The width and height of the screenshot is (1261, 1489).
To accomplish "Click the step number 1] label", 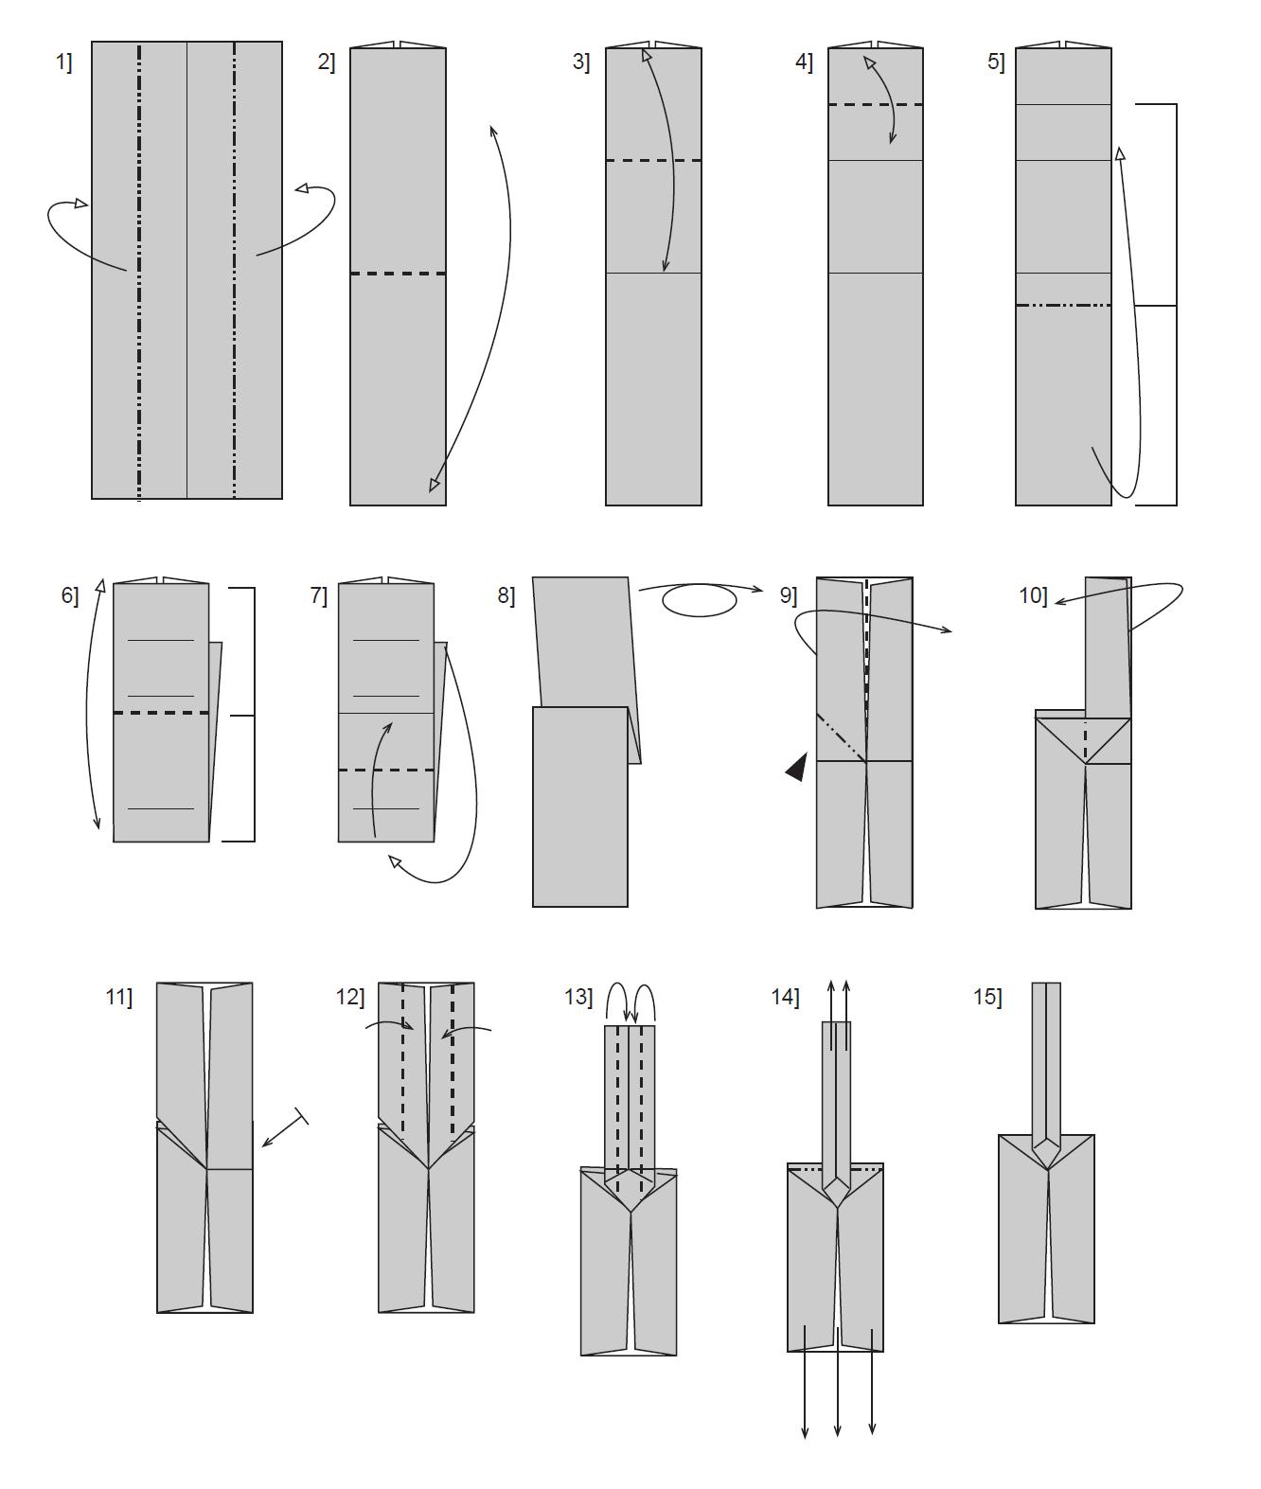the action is [64, 62].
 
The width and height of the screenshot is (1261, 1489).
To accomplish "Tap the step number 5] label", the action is [996, 62].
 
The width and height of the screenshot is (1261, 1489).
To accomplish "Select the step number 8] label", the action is [506, 595].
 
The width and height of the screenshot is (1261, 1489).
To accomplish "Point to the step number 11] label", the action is [119, 997].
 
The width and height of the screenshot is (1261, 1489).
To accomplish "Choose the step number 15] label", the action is [988, 997].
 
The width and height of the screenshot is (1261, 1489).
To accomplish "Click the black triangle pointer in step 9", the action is [796, 767].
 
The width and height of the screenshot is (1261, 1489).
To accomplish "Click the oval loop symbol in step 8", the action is [699, 600].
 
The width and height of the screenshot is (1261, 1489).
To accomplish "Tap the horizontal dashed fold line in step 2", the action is [398, 274].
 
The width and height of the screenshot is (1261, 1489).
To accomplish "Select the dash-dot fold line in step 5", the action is [1063, 306].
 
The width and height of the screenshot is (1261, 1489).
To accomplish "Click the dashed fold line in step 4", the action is [876, 105].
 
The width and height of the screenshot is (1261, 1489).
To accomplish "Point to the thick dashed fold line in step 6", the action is [161, 713].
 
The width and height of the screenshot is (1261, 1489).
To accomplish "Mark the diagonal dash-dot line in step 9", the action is [841, 737].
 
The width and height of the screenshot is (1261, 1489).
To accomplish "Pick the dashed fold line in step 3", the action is [653, 161].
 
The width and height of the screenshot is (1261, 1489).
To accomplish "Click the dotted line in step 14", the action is [835, 1171].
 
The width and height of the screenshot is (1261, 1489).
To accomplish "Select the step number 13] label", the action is [578, 997].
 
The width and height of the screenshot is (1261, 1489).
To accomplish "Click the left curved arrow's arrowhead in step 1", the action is [80, 204].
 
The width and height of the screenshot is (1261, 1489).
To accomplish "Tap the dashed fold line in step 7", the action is [386, 771].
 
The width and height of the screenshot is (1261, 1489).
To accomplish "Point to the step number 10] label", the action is [1033, 595].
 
